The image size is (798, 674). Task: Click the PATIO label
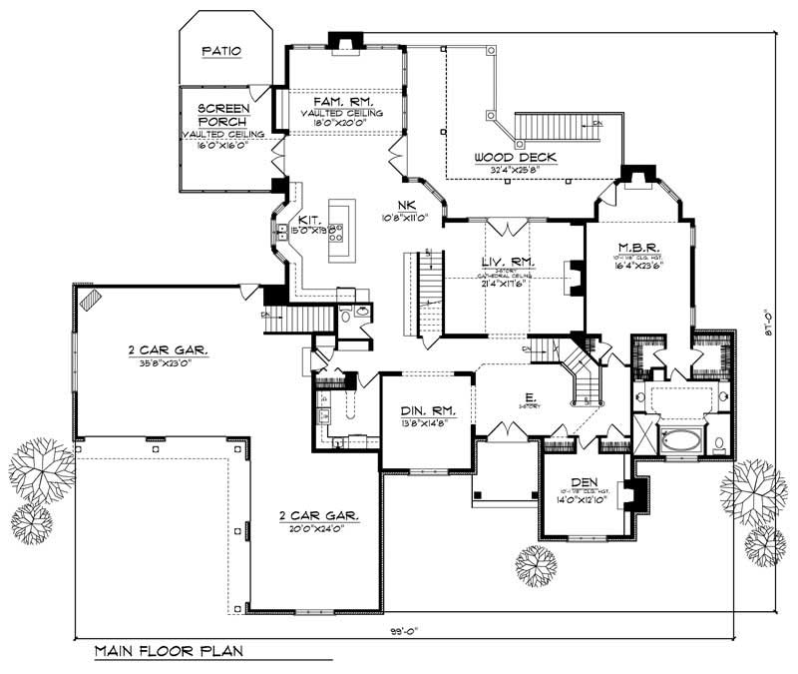point(221,49)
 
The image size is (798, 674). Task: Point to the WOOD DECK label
point(515,158)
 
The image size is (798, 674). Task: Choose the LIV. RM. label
point(508,262)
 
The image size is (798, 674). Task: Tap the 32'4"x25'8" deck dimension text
point(515,170)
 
